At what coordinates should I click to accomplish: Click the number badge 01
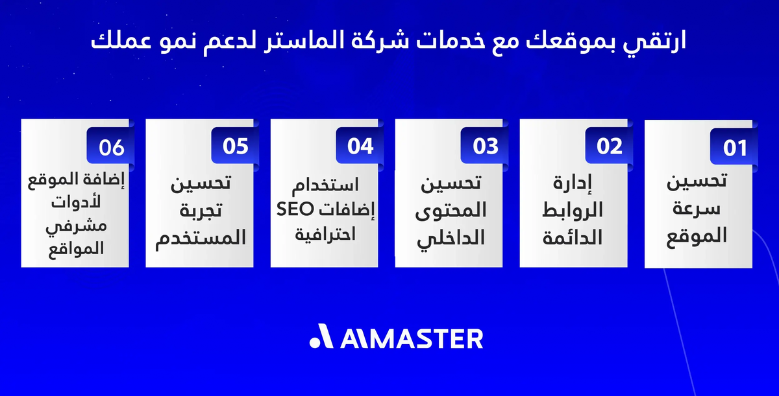[736, 148]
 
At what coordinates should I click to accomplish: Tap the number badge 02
[610, 146]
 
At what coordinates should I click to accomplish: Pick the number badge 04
[360, 146]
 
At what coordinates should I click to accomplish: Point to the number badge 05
[236, 146]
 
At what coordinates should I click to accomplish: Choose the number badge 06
[111, 147]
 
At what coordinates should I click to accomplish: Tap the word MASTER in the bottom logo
[425, 338]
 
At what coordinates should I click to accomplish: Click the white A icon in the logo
[321, 338]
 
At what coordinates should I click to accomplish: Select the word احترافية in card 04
[325, 232]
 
